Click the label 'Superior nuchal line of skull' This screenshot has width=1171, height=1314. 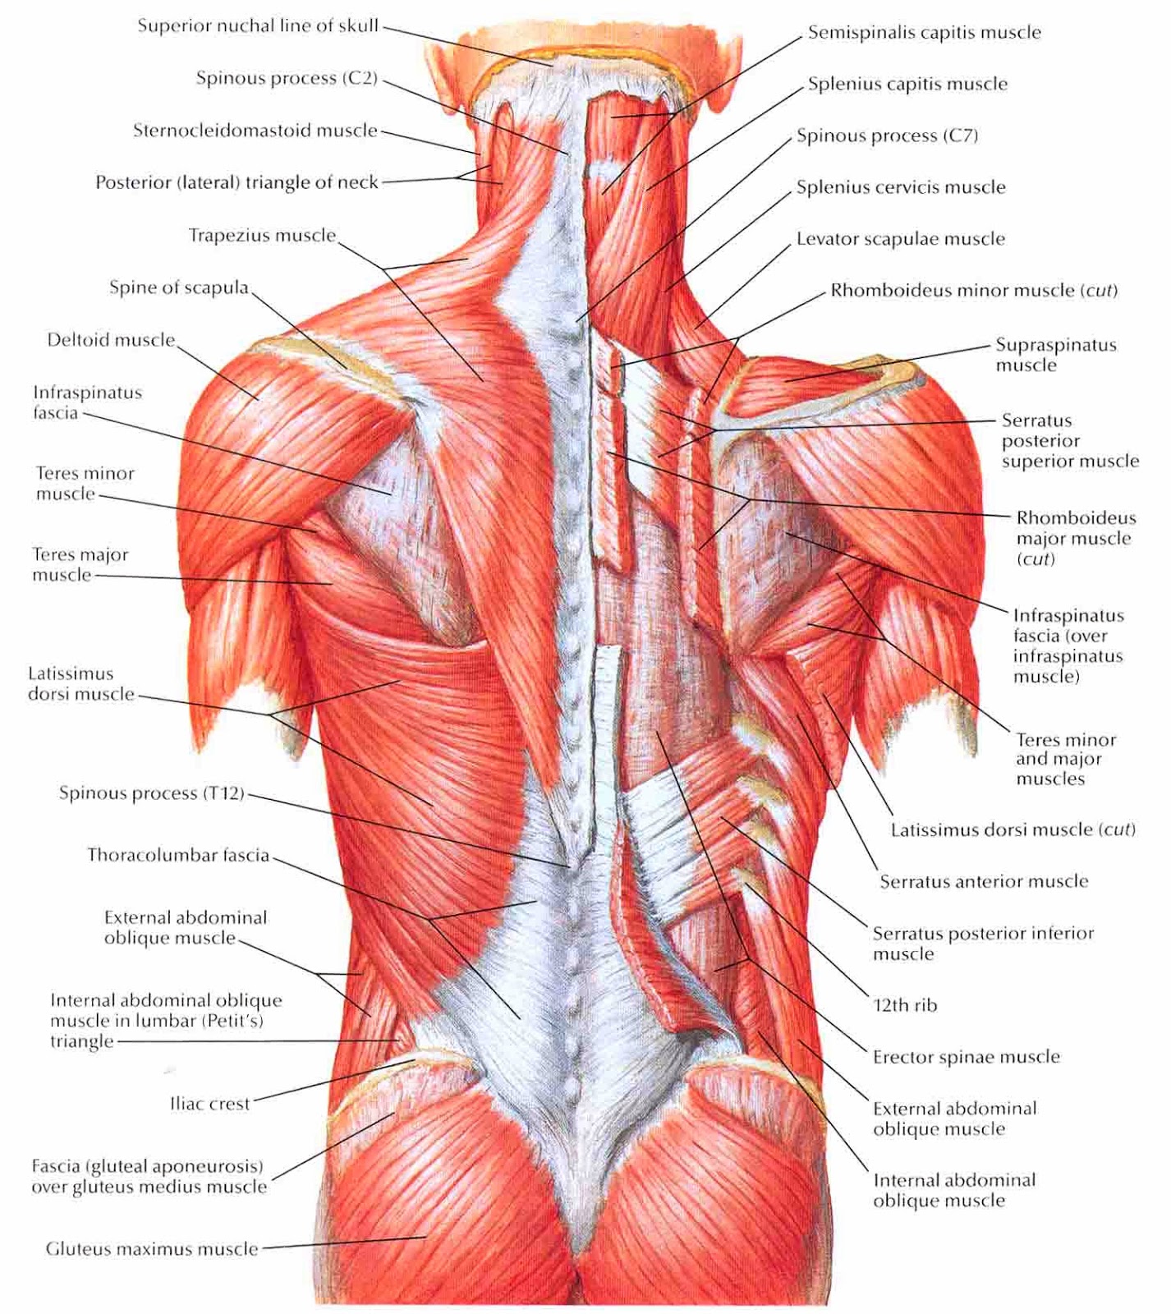pyautogui.click(x=258, y=25)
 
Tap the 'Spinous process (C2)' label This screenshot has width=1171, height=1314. pyautogui.click(x=287, y=78)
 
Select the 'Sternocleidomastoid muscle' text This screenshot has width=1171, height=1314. pyautogui.click(x=255, y=131)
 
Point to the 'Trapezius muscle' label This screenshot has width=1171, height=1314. pyautogui.click(x=263, y=236)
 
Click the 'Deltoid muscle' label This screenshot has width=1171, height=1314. pyautogui.click(x=111, y=340)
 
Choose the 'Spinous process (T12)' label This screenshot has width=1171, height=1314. pyautogui.click(x=152, y=793)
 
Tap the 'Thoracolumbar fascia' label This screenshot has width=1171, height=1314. pyautogui.click(x=178, y=856)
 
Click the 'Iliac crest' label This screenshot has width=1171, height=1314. pyautogui.click(x=209, y=1105)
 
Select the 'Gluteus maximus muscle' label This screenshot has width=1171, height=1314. pyautogui.click(x=152, y=1249)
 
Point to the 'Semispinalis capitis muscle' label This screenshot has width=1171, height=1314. pyautogui.click(x=925, y=33)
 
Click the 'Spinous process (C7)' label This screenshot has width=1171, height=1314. pyautogui.click(x=888, y=136)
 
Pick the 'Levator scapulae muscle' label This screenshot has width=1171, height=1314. pyautogui.click(x=901, y=239)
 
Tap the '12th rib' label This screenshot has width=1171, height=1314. pyautogui.click(x=905, y=1005)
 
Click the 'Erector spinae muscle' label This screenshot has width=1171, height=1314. pyautogui.click(x=967, y=1057)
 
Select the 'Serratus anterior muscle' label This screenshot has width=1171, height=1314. pyautogui.click(x=985, y=882)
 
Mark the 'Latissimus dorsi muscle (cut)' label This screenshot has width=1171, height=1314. pyautogui.click(x=1013, y=830)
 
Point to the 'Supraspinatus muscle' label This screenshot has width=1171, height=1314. pyautogui.click(x=1056, y=355)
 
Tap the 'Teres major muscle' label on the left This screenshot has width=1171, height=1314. pyautogui.click(x=80, y=565)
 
